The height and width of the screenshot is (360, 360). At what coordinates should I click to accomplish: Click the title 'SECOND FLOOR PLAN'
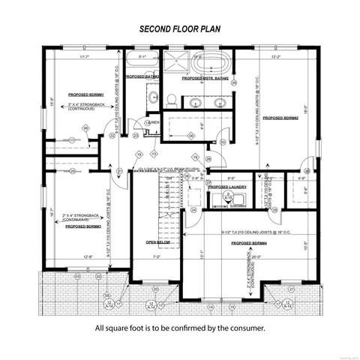coord(179,29)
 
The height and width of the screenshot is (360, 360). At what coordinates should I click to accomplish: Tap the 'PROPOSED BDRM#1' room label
coord(84,95)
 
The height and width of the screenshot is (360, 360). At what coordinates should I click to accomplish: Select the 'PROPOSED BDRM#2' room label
coord(280,118)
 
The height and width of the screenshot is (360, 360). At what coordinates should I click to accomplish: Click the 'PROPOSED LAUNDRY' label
coord(228,187)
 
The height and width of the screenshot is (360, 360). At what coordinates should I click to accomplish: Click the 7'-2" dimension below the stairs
coord(157,257)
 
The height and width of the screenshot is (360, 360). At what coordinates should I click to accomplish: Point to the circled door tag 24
coord(193,210)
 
